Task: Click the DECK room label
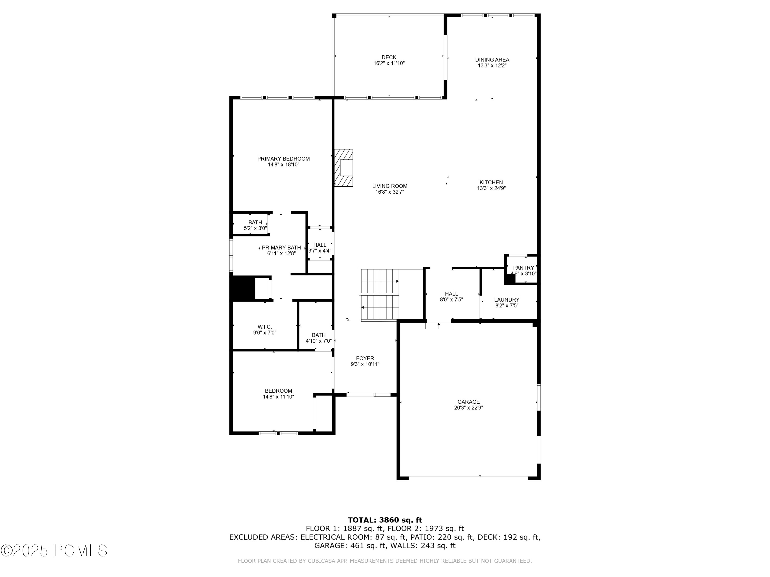tap(389, 57)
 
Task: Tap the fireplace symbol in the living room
tap(344, 168)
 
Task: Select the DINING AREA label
tap(492, 59)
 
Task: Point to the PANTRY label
tap(523, 267)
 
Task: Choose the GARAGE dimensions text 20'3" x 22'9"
tap(468, 408)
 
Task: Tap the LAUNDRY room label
tap(506, 300)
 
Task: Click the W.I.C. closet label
tap(265, 327)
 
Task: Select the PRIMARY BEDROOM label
tap(283, 158)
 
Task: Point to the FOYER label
tap(365, 358)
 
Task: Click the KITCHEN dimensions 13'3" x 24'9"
tap(491, 188)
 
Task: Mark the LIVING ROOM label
tap(390, 186)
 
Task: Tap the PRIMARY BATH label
tap(281, 248)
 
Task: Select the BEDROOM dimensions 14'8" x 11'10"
tap(278, 396)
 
